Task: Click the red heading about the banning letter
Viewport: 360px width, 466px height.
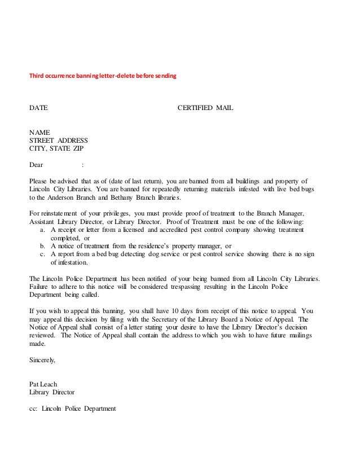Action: coord(103,76)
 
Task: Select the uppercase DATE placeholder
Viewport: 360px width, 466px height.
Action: coord(38,107)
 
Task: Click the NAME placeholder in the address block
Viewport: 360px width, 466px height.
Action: coord(39,132)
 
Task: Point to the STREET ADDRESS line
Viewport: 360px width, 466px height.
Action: coord(58,140)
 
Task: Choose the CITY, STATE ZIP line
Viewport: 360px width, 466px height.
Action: coord(56,149)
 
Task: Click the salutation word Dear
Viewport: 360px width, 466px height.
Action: coord(36,166)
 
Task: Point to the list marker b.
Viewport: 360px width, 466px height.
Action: coord(45,247)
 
